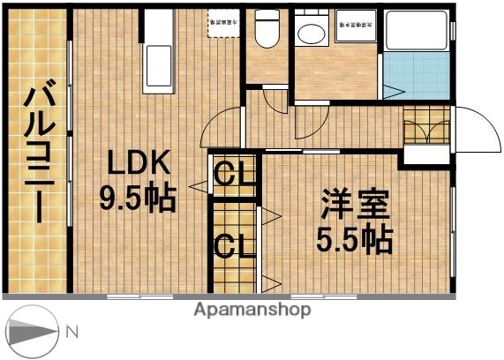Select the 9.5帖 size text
pyautogui.click(x=139, y=199)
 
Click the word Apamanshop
pyautogui.click(x=252, y=310)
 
